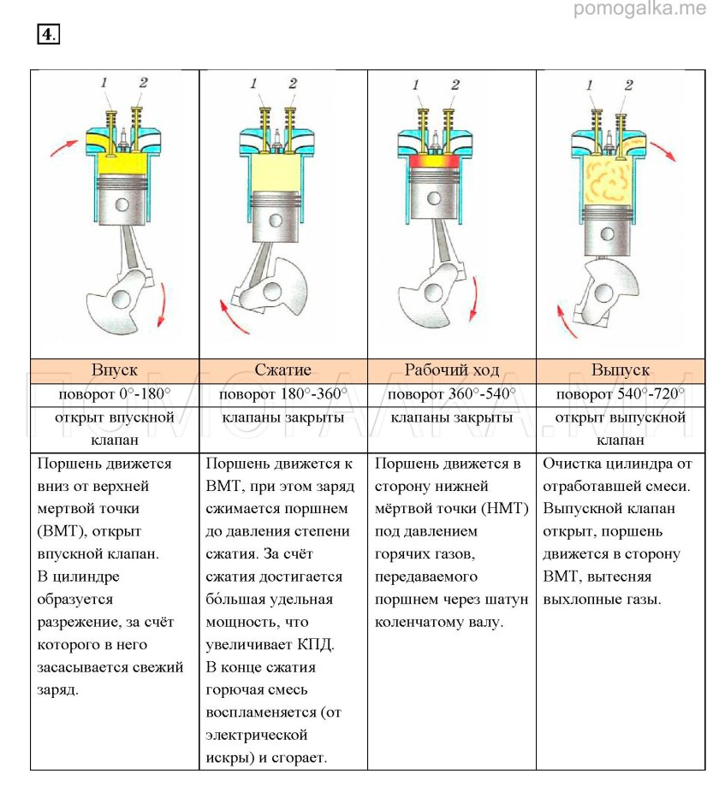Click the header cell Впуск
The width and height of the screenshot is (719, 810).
115,370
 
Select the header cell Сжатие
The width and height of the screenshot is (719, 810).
283,370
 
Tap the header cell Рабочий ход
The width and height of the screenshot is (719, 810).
451,370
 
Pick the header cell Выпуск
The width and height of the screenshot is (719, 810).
620,370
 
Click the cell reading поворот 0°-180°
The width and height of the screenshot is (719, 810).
115,394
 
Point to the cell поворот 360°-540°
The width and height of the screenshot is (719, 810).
451,394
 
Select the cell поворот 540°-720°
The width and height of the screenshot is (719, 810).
620,394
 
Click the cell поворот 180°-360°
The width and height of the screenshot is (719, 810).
283,394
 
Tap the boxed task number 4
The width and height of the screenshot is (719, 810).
48,33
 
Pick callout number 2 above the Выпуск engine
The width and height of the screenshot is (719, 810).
629,85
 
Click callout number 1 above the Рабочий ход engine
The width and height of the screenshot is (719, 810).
417,85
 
